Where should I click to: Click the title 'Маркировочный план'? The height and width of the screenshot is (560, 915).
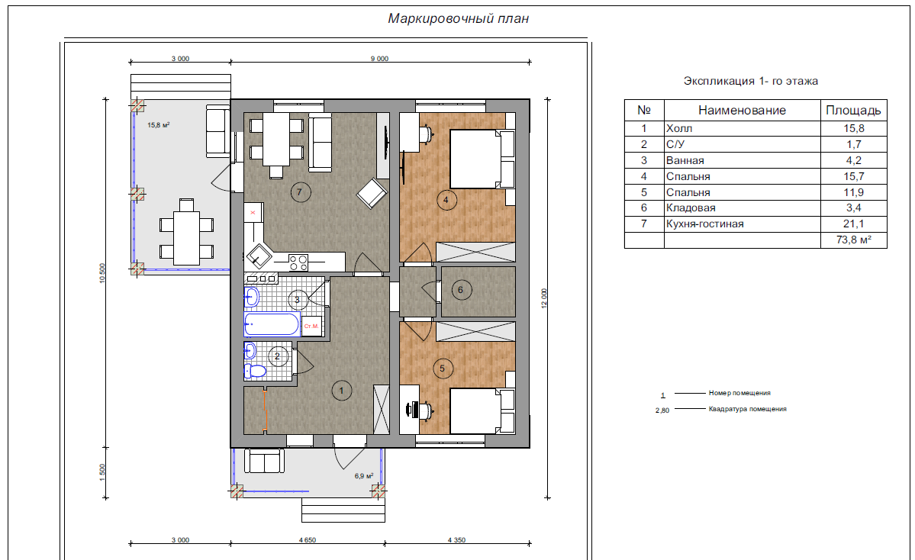pos(458,18)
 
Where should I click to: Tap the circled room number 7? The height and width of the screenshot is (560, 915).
pos(300,192)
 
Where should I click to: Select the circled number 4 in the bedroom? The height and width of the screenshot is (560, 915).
pos(446,200)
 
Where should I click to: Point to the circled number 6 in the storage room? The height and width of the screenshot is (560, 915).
pos(461,290)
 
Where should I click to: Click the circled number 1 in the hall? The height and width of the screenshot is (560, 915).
pos(341,391)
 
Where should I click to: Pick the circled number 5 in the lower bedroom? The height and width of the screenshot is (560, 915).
pos(443,369)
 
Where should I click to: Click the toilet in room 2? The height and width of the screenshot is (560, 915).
pos(255,371)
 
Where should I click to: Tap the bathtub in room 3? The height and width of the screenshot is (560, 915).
pos(272,324)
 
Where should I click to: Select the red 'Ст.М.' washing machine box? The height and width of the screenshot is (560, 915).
pos(311,326)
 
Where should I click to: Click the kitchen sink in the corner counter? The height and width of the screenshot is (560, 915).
pos(258,256)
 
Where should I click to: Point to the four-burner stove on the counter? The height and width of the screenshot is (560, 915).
pos(298,262)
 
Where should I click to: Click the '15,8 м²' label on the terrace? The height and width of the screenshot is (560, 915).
pos(159,125)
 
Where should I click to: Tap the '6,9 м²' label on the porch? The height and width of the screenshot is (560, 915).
pos(364,476)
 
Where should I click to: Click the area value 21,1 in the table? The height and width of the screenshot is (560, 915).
pos(853,224)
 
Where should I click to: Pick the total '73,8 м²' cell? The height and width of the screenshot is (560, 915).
pos(854,240)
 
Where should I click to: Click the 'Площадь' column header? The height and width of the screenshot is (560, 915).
pos(853,111)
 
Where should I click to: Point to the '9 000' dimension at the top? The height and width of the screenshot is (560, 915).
pos(379,58)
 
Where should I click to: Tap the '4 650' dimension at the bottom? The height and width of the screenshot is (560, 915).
pos(308,540)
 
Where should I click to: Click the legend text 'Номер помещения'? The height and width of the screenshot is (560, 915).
pos(739,393)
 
